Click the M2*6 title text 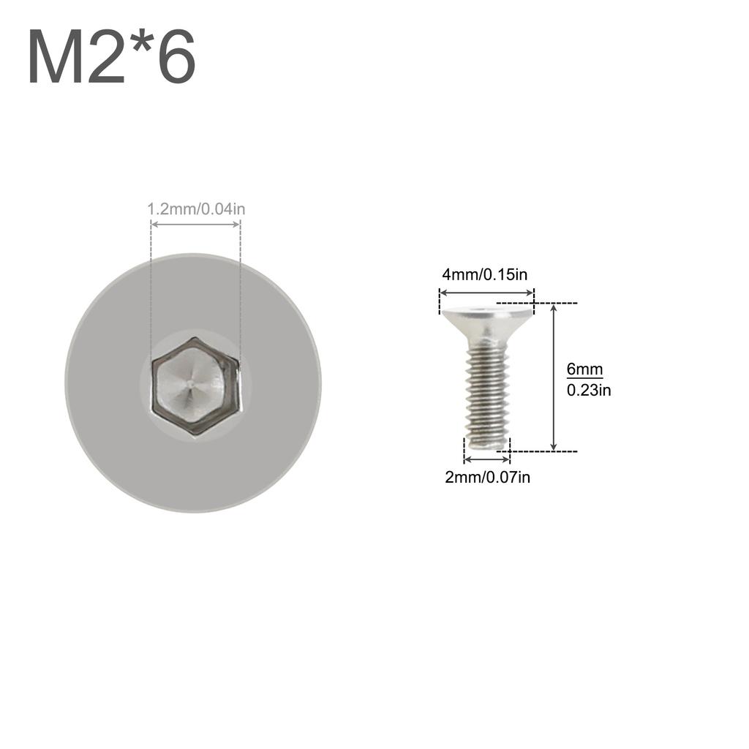tap(111, 58)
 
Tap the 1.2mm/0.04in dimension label tap(196, 209)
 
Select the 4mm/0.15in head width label tap(484, 275)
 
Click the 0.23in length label tap(588, 391)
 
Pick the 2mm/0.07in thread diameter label tap(487, 478)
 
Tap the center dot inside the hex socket tap(189, 381)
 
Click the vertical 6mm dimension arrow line tap(554, 377)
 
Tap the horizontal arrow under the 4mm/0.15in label tap(486, 293)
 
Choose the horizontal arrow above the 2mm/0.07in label tap(486, 459)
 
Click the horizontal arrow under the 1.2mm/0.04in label tap(195, 225)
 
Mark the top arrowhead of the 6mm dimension tap(554, 307)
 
